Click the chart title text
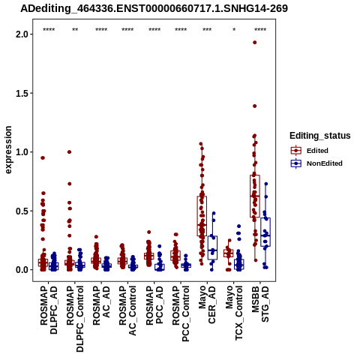point(154,8)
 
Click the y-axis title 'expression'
point(8,150)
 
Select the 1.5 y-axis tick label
point(22,93)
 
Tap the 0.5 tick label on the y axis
point(22,211)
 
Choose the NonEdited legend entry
point(316,163)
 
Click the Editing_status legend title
point(320,136)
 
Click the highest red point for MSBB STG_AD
point(255,43)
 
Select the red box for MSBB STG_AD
point(255,196)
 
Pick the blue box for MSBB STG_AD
point(265,232)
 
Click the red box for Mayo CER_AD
point(202,216)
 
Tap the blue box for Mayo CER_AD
point(212,247)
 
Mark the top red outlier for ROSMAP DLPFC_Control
point(70,151)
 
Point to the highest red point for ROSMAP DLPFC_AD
point(43,157)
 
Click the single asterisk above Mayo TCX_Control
point(234,30)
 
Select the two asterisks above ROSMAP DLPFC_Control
point(75,30)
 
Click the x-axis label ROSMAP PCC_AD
point(154,305)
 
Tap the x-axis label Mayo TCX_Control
point(234,313)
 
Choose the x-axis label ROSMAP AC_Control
point(127,310)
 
